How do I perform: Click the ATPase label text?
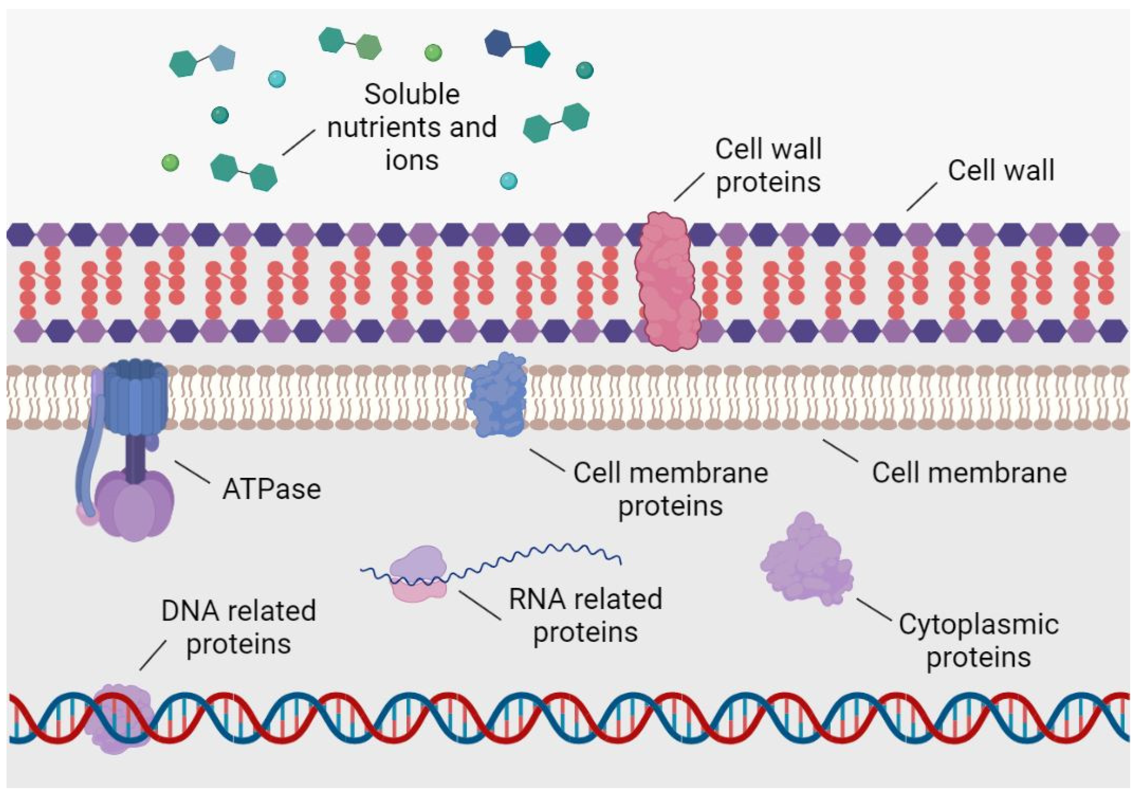click(272, 489)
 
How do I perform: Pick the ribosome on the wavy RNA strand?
click(418, 574)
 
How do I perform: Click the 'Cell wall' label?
click(1000, 171)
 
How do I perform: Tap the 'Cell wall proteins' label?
click(768, 166)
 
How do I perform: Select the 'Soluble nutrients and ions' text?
click(412, 127)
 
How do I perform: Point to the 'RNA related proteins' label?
click(585, 616)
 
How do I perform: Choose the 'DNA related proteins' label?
click(238, 627)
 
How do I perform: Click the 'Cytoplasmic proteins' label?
click(979, 641)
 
